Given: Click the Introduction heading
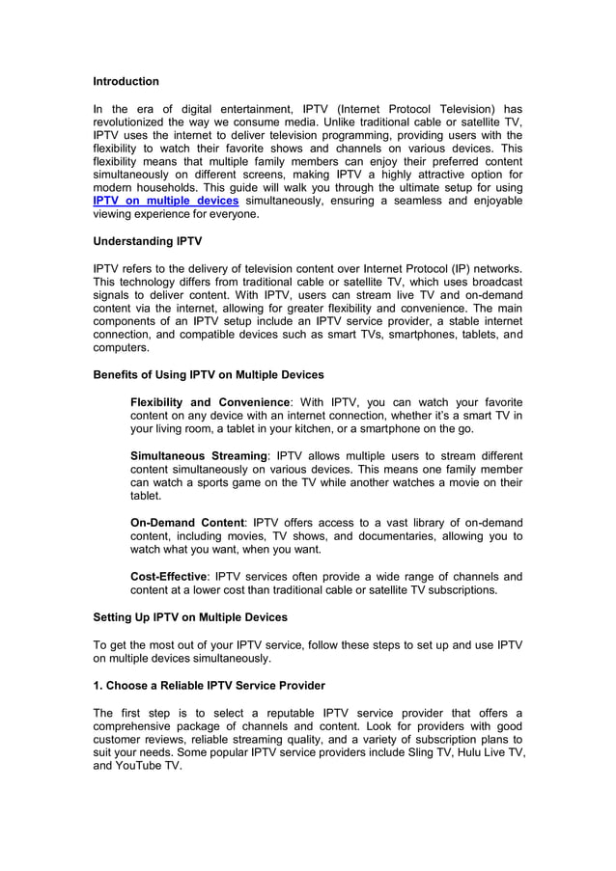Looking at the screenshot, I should [x=126, y=81].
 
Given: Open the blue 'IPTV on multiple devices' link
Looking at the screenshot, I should [x=165, y=200].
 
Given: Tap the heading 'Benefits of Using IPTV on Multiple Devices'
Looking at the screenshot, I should [x=208, y=374].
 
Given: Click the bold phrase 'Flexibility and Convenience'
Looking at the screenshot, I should [x=210, y=401].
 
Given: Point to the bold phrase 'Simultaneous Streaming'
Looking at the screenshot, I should [x=198, y=455].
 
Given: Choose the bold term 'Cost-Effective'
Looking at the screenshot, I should [x=168, y=576].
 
